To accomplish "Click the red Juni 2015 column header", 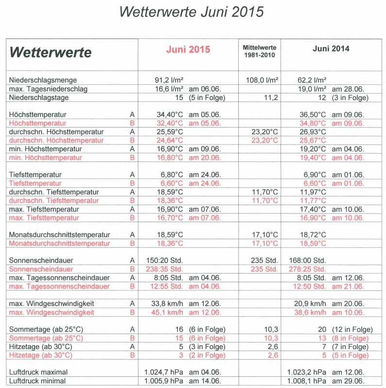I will click(188, 49).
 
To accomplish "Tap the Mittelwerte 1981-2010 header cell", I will click(260, 51).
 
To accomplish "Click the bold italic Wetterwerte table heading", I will click(51, 52).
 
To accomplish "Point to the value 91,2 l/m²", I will click(169, 80).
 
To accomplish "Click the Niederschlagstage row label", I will click(39, 97).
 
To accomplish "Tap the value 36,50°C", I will click(312, 114).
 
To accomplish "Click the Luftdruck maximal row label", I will click(38, 372).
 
